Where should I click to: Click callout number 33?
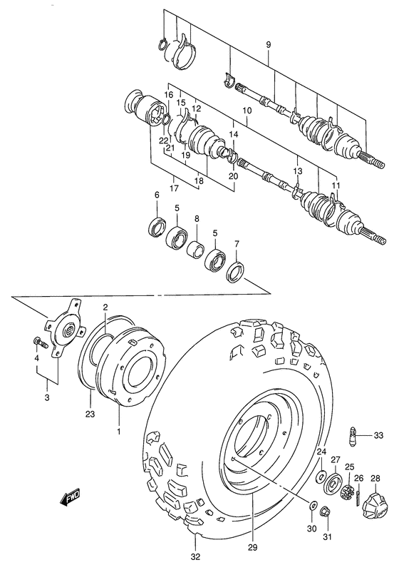[378, 435]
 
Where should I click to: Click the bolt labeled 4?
[41, 345]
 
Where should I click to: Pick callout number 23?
[90, 412]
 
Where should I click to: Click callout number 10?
[247, 111]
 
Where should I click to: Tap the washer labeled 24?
[320, 476]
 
